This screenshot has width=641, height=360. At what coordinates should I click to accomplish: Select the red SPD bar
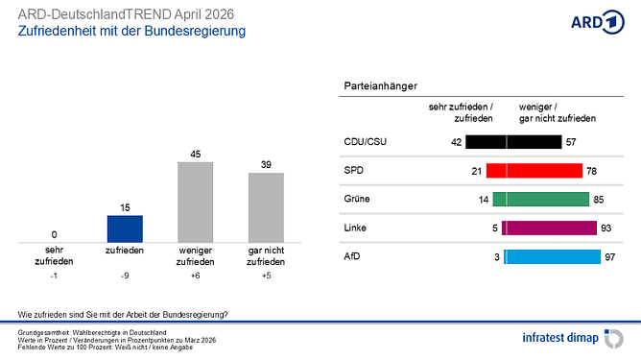(x=534, y=171)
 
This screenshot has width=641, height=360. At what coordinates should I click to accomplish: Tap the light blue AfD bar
(x=553, y=257)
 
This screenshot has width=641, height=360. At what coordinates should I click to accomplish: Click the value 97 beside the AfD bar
(x=609, y=257)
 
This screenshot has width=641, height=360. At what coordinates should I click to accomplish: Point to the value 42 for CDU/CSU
(x=456, y=142)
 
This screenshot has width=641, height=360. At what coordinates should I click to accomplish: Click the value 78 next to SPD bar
(x=591, y=171)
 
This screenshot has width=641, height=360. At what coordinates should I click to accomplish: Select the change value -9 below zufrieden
(x=125, y=275)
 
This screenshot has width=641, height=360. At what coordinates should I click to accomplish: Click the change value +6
(x=196, y=275)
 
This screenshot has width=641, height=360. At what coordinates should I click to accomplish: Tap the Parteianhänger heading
(x=380, y=86)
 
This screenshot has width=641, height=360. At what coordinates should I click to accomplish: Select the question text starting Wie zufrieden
(x=123, y=314)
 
